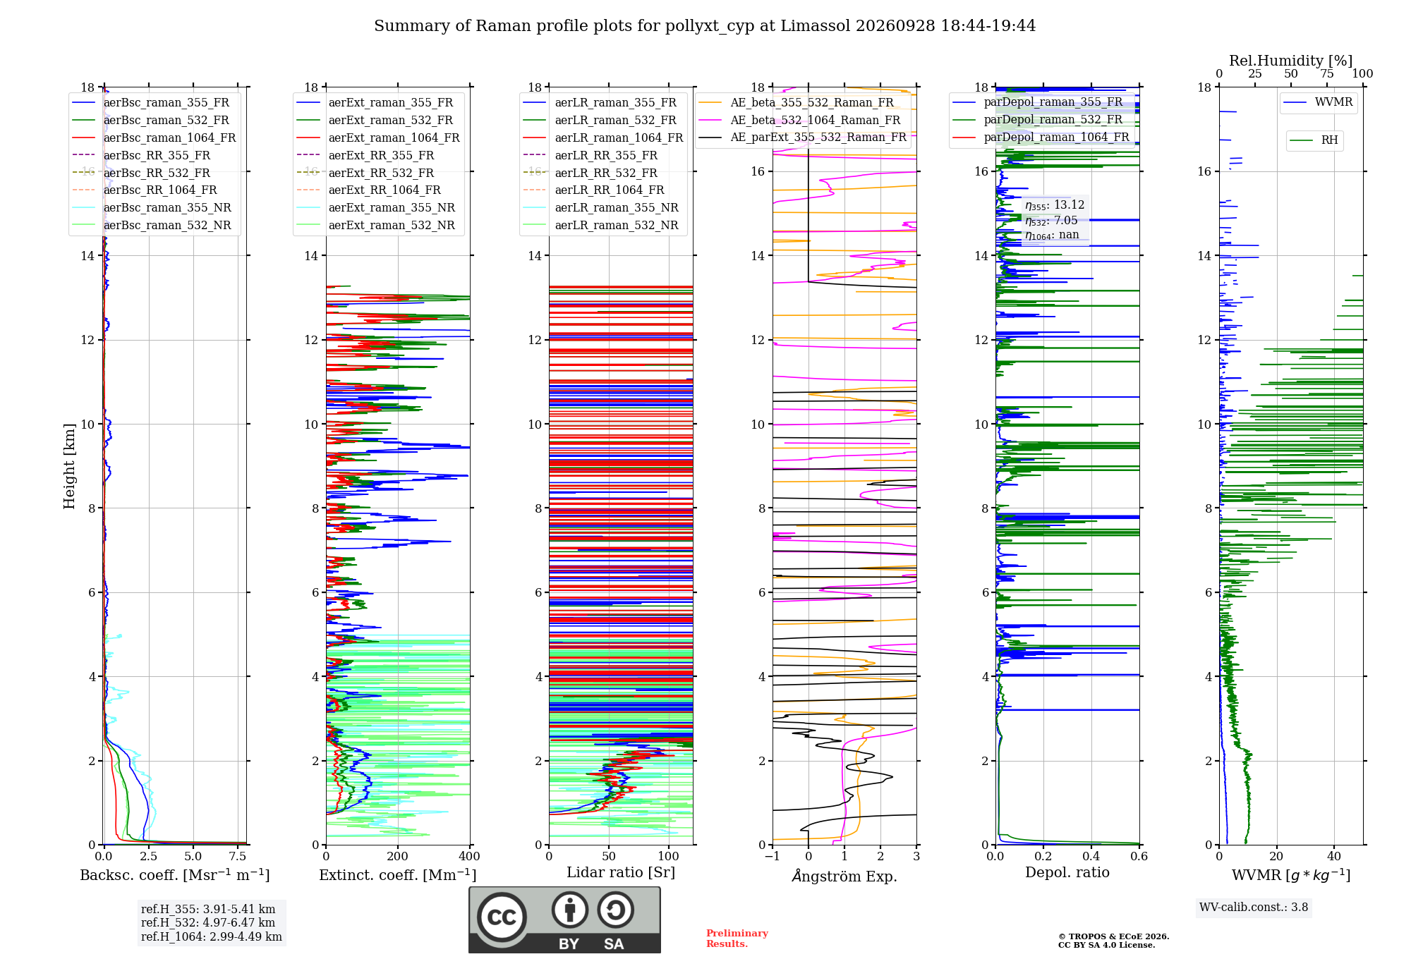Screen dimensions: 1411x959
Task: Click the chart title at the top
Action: tap(705, 26)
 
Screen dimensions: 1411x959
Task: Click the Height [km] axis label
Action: tap(69, 466)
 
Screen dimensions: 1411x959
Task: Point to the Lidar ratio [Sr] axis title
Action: tap(621, 872)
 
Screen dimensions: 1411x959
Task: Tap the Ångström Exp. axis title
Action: tap(844, 876)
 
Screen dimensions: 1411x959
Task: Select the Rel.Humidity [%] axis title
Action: tap(1291, 61)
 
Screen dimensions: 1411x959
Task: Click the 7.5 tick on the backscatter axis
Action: tap(238, 857)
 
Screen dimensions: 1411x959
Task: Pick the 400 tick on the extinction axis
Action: tap(469, 857)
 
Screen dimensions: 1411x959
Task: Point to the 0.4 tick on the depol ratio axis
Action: tap(1091, 857)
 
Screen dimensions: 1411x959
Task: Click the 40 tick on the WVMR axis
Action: tap(1334, 857)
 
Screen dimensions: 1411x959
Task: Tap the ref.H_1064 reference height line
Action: tap(212, 937)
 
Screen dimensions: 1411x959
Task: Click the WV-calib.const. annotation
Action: tap(1254, 908)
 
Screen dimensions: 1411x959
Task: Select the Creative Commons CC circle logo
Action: tap(502, 917)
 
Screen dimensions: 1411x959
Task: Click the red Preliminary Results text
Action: tap(737, 939)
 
